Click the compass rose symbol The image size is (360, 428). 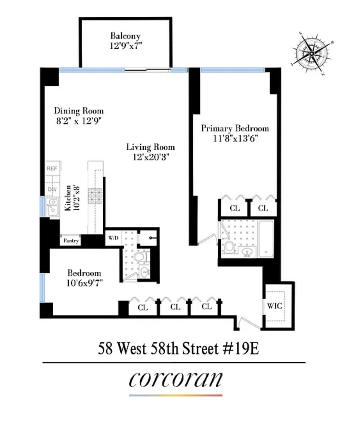coord(312,52)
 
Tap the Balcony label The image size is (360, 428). coord(125,36)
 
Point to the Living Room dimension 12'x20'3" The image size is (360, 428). coord(150,157)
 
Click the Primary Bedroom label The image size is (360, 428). coord(235,128)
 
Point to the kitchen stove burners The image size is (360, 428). coord(94,196)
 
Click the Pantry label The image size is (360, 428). coord(71,241)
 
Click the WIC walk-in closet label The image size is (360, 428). coord(274,306)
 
